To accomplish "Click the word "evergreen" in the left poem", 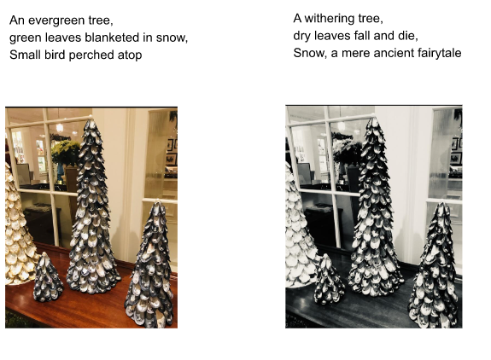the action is point(56,20).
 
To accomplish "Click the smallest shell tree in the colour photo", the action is point(48,277).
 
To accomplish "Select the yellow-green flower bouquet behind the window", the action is point(66,152).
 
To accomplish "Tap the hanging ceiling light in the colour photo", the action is point(60,127).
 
